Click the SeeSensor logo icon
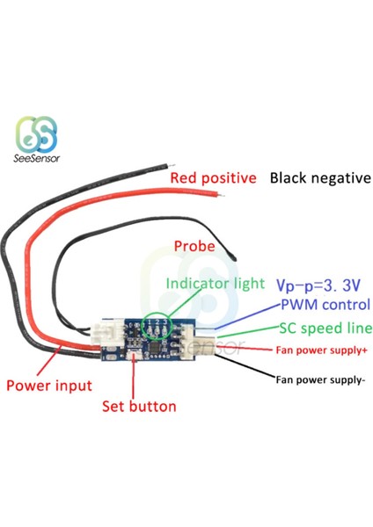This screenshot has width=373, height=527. click(37, 134)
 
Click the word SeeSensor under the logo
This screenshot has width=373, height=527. click(37, 158)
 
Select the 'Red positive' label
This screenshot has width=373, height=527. click(213, 178)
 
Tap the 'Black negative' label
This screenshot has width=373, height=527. click(320, 177)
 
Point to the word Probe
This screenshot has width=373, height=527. click(194, 246)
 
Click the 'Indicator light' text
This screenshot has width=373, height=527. click(216, 284)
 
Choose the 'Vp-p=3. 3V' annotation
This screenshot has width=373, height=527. click(318, 285)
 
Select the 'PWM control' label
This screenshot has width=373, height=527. click(325, 305)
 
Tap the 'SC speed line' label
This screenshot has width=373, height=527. click(325, 328)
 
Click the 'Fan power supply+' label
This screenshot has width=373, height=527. click(321, 350)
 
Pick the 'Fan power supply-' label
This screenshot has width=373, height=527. click(320, 379)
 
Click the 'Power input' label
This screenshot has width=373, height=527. click(49, 386)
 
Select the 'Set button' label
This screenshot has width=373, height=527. click(139, 407)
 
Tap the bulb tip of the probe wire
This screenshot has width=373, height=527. click(234, 258)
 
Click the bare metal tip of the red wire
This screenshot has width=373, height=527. click(221, 195)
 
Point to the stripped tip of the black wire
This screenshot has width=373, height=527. click(172, 166)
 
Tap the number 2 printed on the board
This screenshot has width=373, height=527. click(157, 322)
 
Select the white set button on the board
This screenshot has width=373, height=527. click(134, 355)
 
